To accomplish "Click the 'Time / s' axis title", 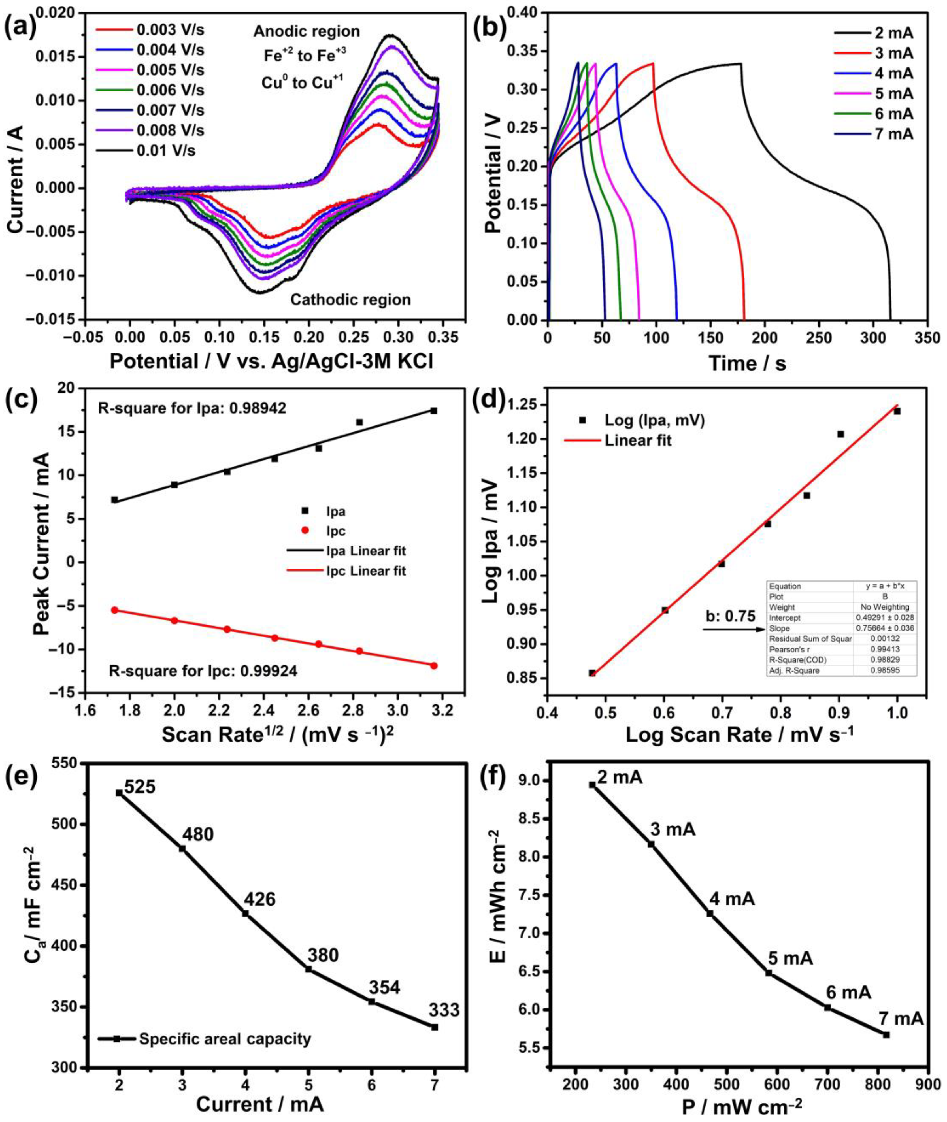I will tap(747, 363).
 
